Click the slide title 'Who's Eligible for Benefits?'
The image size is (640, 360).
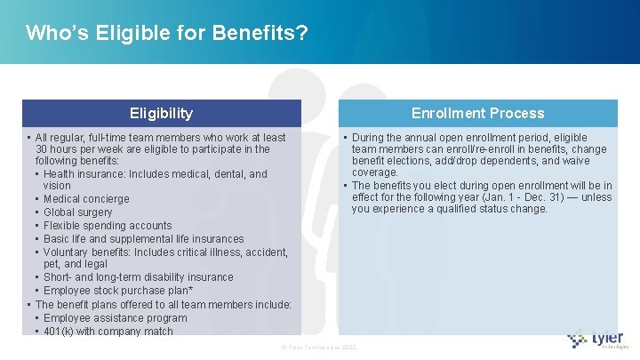click(167, 34)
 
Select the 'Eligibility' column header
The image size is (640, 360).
click(161, 113)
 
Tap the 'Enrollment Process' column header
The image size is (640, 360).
click(477, 113)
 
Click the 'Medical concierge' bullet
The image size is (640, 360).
click(86, 199)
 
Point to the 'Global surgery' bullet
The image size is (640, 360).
click(78, 212)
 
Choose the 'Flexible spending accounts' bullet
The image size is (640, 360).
click(108, 226)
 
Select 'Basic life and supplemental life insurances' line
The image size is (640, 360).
click(143, 239)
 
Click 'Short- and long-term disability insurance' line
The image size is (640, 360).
click(138, 277)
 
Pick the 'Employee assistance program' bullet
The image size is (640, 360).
click(115, 318)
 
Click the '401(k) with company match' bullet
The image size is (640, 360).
click(108, 332)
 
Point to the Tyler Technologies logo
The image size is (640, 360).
click(598, 340)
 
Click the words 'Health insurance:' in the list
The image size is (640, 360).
click(85, 174)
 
